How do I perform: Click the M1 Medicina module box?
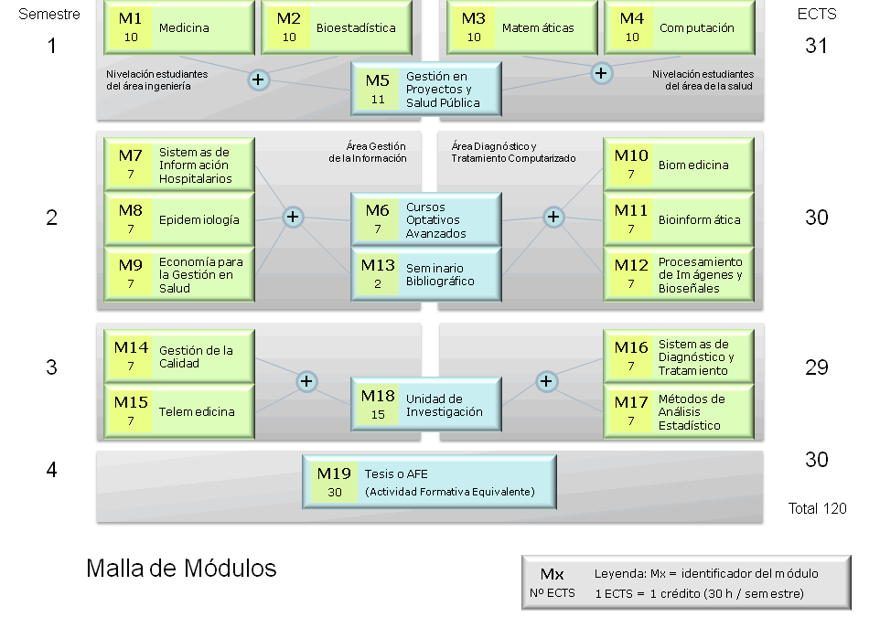point(179,27)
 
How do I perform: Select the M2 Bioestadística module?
point(337,27)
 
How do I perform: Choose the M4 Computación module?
point(680,27)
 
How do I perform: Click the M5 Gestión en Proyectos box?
point(426,90)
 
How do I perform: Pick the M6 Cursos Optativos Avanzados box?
point(426,219)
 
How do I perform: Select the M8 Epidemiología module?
point(179,219)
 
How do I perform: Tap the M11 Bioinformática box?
point(679,219)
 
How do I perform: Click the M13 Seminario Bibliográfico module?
point(426,274)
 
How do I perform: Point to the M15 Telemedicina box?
point(179,411)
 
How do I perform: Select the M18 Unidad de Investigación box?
point(426,404)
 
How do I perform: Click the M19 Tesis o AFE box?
point(429,482)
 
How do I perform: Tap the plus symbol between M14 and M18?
point(306,381)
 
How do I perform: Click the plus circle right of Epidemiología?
point(293,217)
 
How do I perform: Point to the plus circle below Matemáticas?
point(601,73)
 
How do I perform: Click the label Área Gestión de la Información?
point(368,152)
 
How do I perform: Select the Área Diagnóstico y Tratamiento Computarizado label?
point(513,152)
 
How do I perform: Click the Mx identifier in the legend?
point(553,574)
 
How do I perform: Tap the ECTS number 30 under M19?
point(335,492)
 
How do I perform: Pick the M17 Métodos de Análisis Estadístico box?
point(679,411)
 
